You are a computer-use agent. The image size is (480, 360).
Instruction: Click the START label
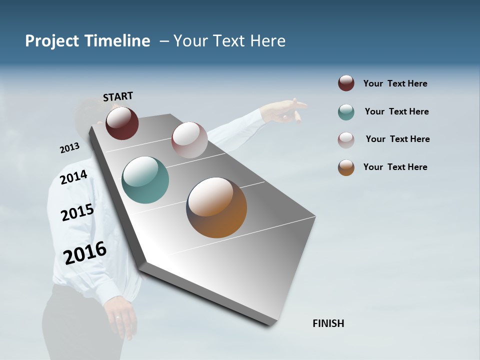pyautogui.click(x=118, y=96)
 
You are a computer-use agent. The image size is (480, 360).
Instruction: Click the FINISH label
pyautogui.click(x=328, y=323)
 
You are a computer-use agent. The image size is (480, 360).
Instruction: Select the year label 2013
pyautogui.click(x=69, y=148)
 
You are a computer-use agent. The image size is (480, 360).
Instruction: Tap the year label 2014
pyautogui.click(x=74, y=177)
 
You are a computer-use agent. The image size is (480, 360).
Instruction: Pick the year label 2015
pyautogui.click(x=77, y=212)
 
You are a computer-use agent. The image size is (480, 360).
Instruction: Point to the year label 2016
pyautogui.click(x=85, y=252)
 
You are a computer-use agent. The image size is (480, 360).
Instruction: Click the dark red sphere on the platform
pyautogui.click(x=122, y=123)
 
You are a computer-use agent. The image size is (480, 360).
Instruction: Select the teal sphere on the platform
pyautogui.click(x=145, y=180)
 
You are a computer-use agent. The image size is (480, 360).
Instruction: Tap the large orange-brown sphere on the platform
pyautogui.click(x=216, y=207)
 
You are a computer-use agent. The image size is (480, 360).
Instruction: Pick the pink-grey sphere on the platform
pyautogui.click(x=189, y=140)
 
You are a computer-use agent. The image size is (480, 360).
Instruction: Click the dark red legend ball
pyautogui.click(x=346, y=83)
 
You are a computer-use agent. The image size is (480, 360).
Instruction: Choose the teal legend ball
pyautogui.click(x=346, y=112)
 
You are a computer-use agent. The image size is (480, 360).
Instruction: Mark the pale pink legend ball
pyautogui.click(x=346, y=140)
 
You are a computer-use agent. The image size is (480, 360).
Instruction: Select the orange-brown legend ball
pyautogui.click(x=346, y=167)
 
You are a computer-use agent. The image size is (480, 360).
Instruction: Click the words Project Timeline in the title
pyautogui.click(x=87, y=41)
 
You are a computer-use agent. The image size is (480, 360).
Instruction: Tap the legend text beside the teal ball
pyautogui.click(x=396, y=111)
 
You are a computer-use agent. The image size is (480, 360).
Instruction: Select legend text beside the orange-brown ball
pyautogui.click(x=395, y=167)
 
